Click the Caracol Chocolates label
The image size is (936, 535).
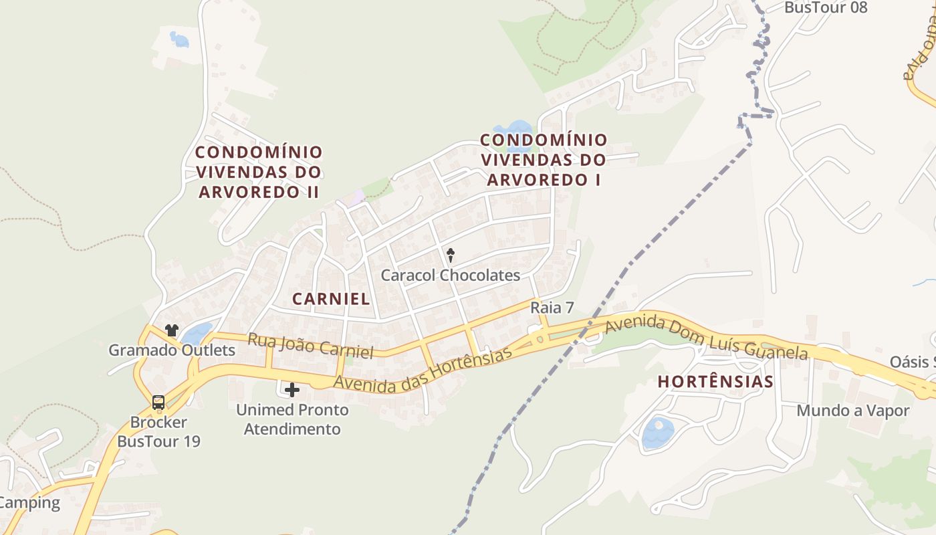point(450,275)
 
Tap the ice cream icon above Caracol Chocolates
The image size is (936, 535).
point(451,254)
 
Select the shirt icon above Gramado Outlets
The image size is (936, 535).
point(172,330)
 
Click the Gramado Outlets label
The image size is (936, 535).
point(172,350)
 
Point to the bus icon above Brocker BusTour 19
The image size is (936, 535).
point(158,403)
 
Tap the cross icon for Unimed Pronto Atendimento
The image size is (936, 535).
point(292,389)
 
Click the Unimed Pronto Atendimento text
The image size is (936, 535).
point(292,419)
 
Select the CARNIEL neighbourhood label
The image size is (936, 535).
point(331,299)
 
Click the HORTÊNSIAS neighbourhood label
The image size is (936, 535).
point(715,382)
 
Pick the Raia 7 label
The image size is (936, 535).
point(552,308)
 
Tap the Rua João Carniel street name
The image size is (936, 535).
point(310,344)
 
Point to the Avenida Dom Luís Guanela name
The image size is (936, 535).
point(706,338)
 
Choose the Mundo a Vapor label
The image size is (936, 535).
point(852,411)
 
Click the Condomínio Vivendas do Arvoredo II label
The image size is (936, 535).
point(259,172)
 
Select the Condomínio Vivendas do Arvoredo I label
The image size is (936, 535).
point(544,160)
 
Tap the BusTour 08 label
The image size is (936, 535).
point(826,7)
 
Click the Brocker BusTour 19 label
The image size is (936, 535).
point(158,432)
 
